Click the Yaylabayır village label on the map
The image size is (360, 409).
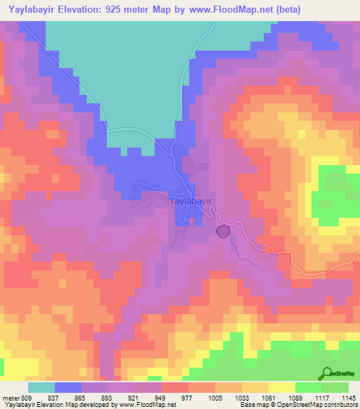pos(191,201)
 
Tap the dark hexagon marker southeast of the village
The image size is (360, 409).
pos(223,231)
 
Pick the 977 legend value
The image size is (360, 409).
pos(186,398)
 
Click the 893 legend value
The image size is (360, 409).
pos(105,398)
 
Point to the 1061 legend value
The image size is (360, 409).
pos(266,398)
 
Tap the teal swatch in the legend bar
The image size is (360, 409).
pos(41,388)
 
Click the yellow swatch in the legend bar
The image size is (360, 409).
pos(282,388)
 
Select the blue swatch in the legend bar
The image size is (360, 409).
pos(68,388)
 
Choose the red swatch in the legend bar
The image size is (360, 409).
pos(175,388)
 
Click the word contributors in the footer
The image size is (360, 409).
pos(342,405)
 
